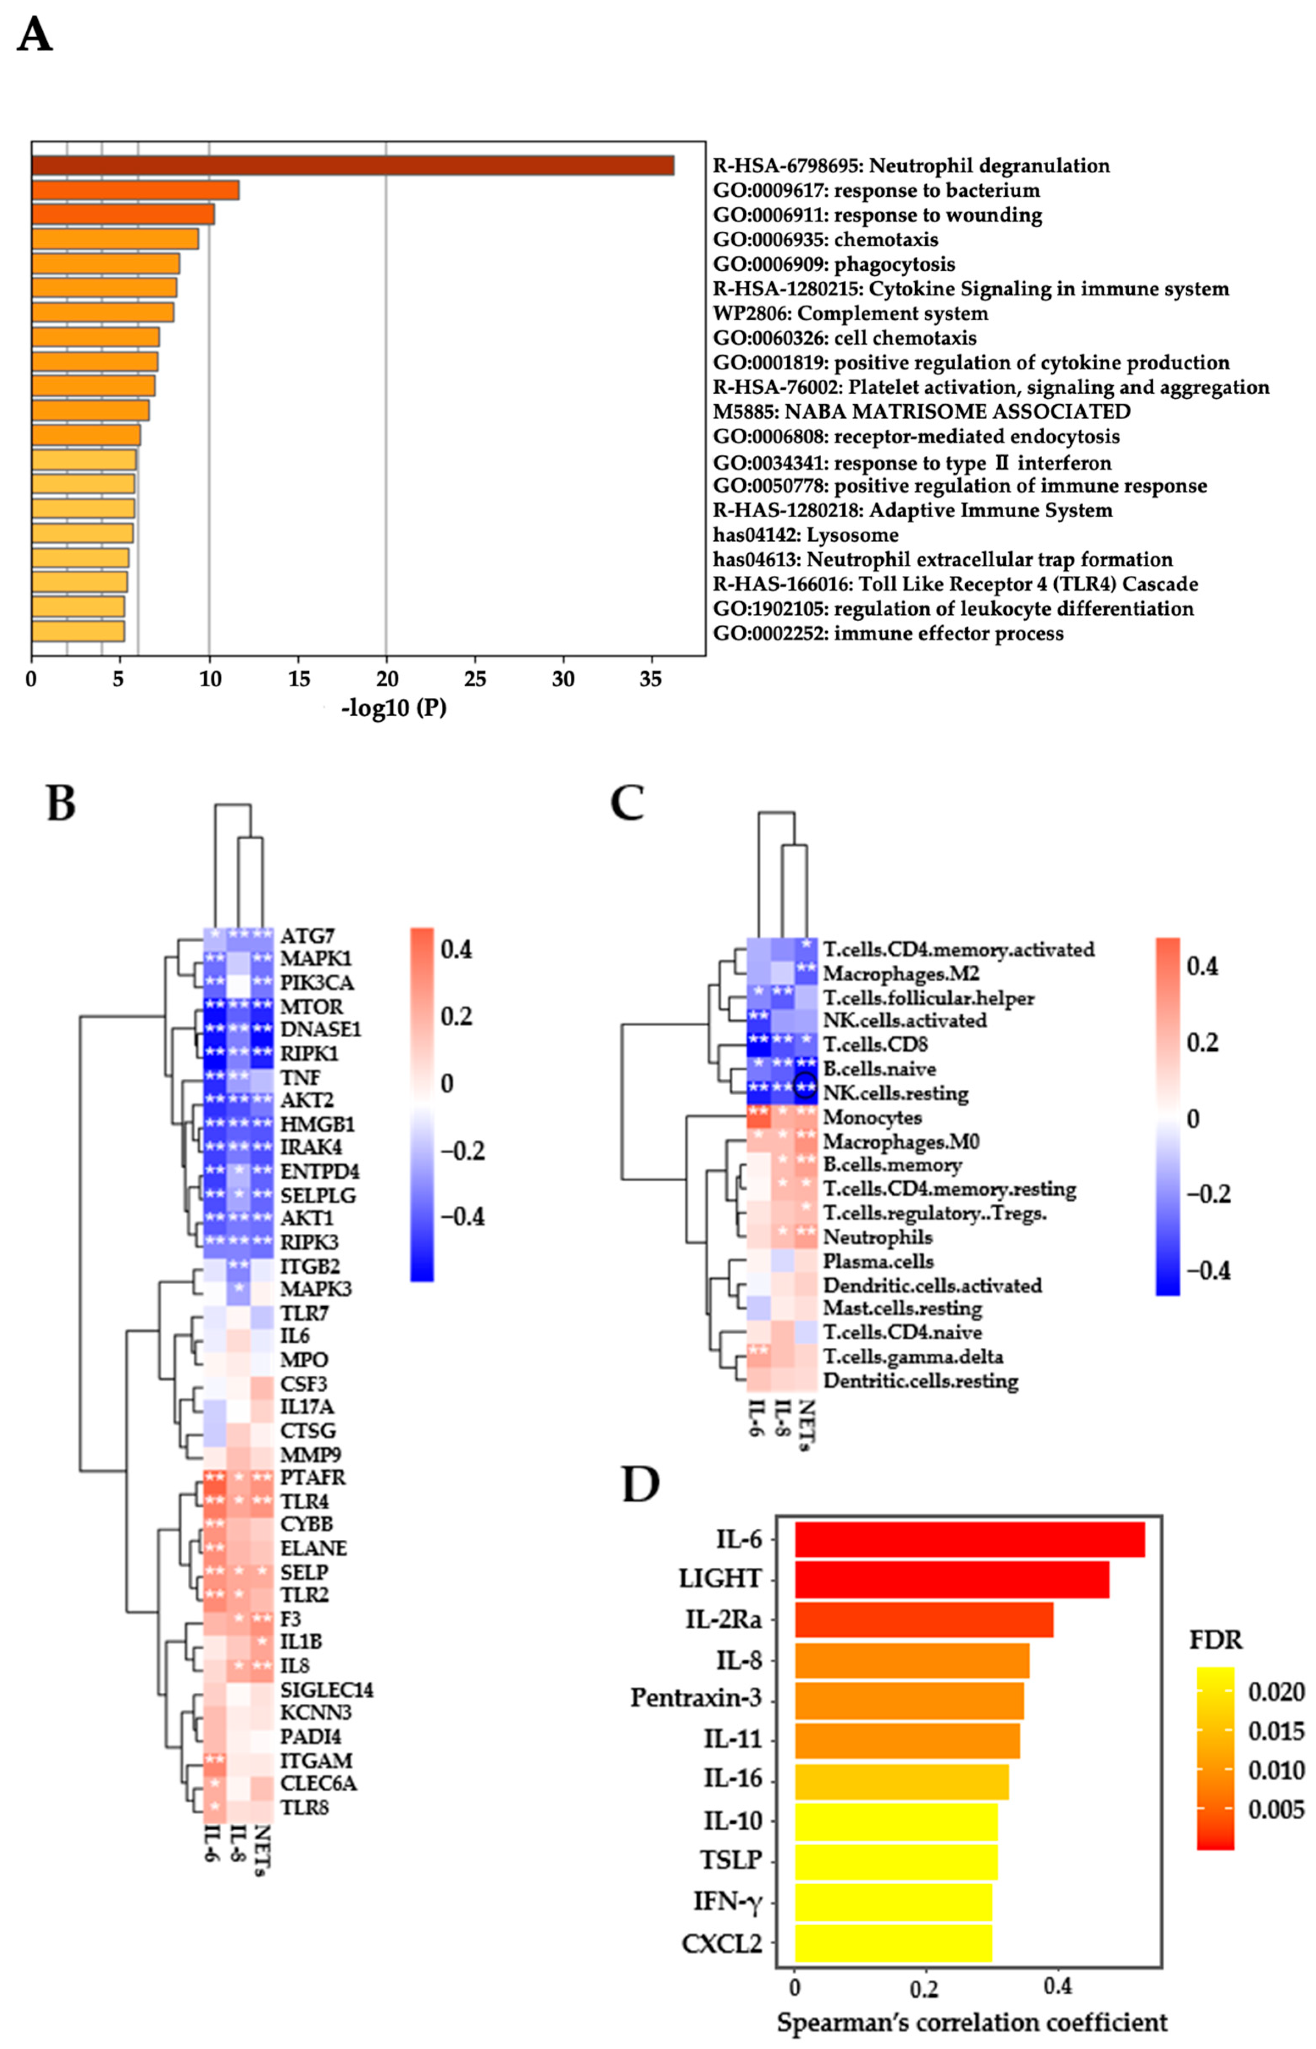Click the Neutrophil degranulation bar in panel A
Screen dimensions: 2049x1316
point(352,166)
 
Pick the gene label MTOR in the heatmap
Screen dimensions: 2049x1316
point(311,1007)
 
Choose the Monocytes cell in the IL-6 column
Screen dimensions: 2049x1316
point(759,1117)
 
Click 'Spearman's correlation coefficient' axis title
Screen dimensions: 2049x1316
point(972,2022)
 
